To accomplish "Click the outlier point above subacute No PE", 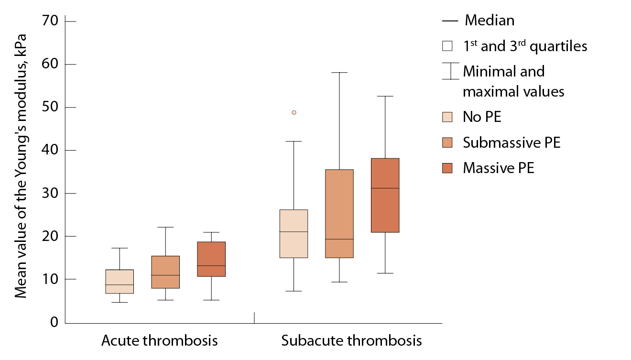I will coord(294,112).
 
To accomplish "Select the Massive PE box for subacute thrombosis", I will coord(385,195).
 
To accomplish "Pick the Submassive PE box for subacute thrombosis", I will coord(339,214).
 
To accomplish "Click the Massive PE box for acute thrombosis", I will coord(211,259).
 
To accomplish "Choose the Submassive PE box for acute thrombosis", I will coord(165,272).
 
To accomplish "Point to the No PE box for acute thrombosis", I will coord(120,282).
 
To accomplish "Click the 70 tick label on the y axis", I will coord(50,21).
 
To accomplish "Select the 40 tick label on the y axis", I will coord(50,150).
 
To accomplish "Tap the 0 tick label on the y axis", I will coord(54,323).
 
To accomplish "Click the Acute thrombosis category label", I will coord(159,341).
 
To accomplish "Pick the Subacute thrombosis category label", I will coord(351,341).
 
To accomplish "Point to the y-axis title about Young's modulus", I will coord(20,165).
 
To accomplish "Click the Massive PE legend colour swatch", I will coord(447,168).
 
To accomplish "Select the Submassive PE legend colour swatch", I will coord(447,142).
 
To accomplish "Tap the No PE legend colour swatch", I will coord(447,117).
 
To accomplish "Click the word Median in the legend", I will coord(490,21).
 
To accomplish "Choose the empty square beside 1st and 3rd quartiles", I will coord(447,46).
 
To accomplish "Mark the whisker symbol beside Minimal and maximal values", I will coord(451,71).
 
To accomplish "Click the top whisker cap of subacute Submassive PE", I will coord(339,73).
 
